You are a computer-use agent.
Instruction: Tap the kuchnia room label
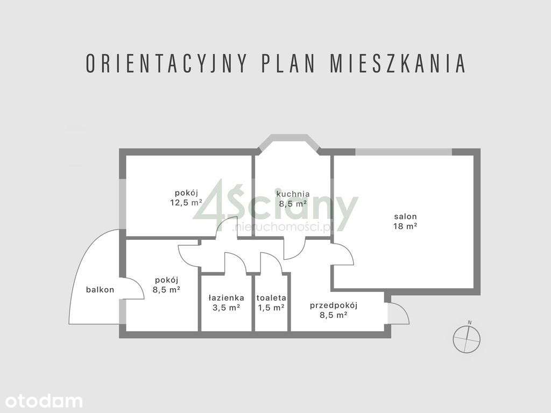pyautogui.click(x=292, y=194)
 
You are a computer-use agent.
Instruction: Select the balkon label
pyautogui.click(x=100, y=290)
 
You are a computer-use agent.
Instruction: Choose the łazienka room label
pyautogui.click(x=227, y=297)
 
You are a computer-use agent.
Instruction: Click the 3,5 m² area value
pyautogui.click(x=227, y=308)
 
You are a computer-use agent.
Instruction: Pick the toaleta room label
pyautogui.click(x=271, y=297)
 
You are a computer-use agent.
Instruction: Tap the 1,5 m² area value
pyautogui.click(x=271, y=308)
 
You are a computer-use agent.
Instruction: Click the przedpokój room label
pyautogui.click(x=334, y=305)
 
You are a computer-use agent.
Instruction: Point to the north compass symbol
pyautogui.click(x=467, y=339)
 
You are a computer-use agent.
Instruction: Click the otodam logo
pyautogui.click(x=41, y=401)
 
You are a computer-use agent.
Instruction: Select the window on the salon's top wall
pyautogui.click(x=404, y=152)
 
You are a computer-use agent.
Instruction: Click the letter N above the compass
pyautogui.click(x=469, y=323)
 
